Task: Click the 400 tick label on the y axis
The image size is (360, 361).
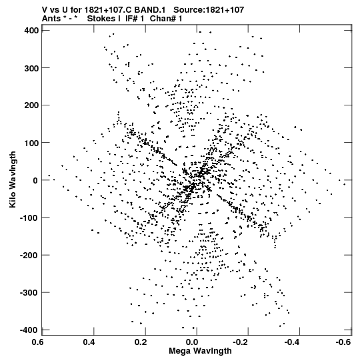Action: (31, 31)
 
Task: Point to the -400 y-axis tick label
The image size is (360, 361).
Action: (29, 330)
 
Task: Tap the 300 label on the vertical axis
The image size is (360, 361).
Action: (31, 68)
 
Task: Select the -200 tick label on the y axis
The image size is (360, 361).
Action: (29, 255)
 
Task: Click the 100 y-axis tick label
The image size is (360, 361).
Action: (31, 143)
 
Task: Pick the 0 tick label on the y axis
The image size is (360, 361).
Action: (35, 180)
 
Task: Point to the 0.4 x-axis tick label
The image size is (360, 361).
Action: (89, 342)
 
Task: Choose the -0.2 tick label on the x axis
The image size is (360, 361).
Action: (240, 342)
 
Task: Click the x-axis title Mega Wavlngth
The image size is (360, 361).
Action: (200, 351)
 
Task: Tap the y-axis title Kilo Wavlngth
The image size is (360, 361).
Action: (13, 179)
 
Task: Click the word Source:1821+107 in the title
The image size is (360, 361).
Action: (209, 10)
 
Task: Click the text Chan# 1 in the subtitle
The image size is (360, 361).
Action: (166, 19)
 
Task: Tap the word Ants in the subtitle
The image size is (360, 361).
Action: (51, 19)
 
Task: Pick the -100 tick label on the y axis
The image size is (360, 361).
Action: (29, 218)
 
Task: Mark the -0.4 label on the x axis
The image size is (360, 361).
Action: (291, 342)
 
